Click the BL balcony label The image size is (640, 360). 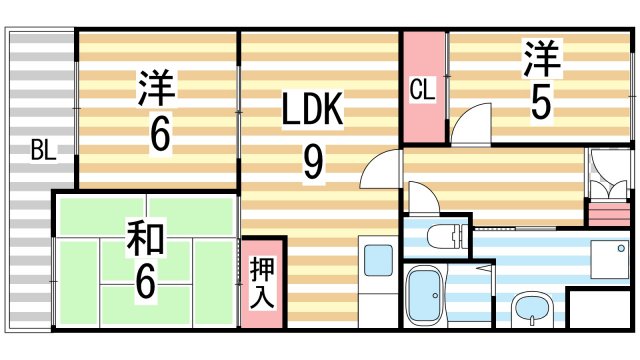42,152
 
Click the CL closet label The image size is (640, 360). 422,89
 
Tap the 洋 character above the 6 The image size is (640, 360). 157,88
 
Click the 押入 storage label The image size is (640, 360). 262,283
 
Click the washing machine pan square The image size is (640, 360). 607,260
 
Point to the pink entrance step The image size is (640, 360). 603,212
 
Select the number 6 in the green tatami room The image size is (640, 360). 146,279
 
